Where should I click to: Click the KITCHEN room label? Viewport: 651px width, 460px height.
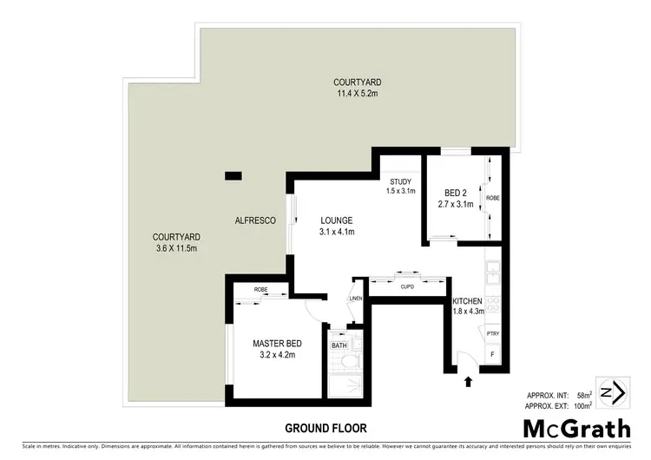(x=467, y=301)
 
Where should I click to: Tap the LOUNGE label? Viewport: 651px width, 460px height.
(x=335, y=220)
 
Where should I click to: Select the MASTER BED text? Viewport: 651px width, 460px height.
(x=275, y=343)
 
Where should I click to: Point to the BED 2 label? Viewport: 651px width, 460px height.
(x=457, y=192)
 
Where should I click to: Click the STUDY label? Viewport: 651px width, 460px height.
(x=400, y=181)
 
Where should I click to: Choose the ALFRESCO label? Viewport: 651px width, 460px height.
(x=255, y=221)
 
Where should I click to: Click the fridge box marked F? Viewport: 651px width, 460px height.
(x=493, y=355)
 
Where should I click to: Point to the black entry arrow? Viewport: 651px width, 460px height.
(x=470, y=380)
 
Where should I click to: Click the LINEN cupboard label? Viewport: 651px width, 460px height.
(x=354, y=299)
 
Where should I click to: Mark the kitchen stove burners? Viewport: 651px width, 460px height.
(x=492, y=305)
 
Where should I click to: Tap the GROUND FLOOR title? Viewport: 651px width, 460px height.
(x=325, y=428)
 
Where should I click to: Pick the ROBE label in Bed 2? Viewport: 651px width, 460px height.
(x=492, y=198)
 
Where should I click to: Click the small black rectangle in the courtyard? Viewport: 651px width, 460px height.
(x=233, y=175)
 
